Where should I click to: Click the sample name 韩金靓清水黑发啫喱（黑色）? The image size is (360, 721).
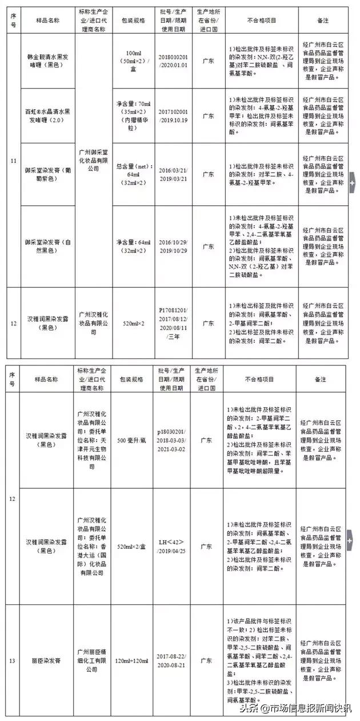coord(47,62)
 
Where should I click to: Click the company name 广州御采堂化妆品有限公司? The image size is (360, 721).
coord(93,161)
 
